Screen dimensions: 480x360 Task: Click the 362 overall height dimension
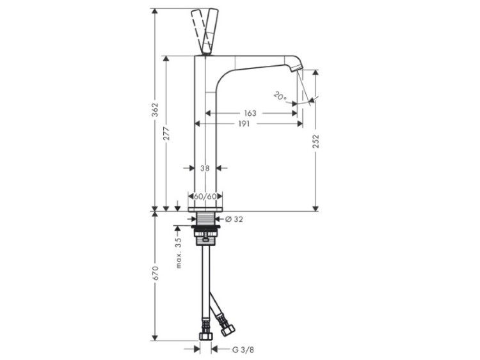156,110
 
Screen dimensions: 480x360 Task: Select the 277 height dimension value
166,134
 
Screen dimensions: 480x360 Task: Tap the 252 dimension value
316,141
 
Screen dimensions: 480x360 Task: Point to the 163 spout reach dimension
250,113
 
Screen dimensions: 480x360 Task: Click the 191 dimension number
244,123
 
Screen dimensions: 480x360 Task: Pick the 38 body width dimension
205,168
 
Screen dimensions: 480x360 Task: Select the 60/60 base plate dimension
205,196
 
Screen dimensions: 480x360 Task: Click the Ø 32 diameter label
234,219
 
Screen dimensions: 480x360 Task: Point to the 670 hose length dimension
156,273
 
